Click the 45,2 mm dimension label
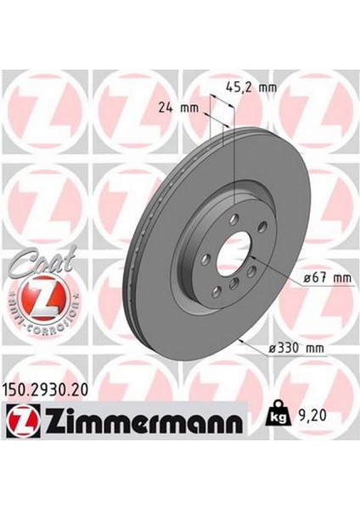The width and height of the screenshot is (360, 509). tap(251, 86)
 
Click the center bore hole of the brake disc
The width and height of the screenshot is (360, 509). tap(230, 257)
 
